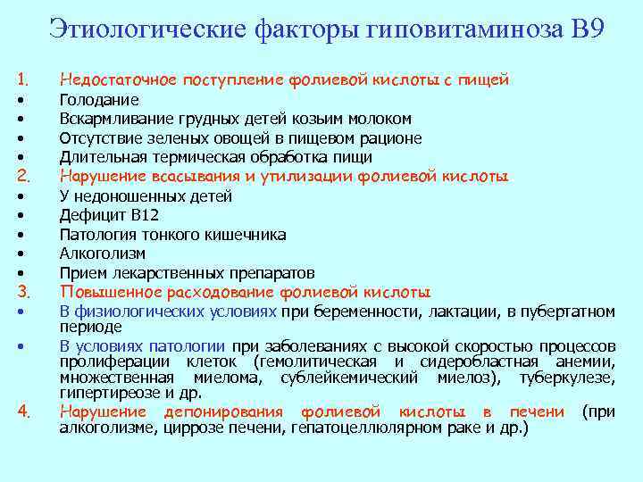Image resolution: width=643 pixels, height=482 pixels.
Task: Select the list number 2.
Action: click(x=23, y=176)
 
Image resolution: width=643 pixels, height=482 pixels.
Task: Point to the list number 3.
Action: click(x=23, y=292)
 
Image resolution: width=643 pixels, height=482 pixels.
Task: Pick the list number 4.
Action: click(x=23, y=411)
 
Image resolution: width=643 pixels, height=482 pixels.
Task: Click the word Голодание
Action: click(x=99, y=100)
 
